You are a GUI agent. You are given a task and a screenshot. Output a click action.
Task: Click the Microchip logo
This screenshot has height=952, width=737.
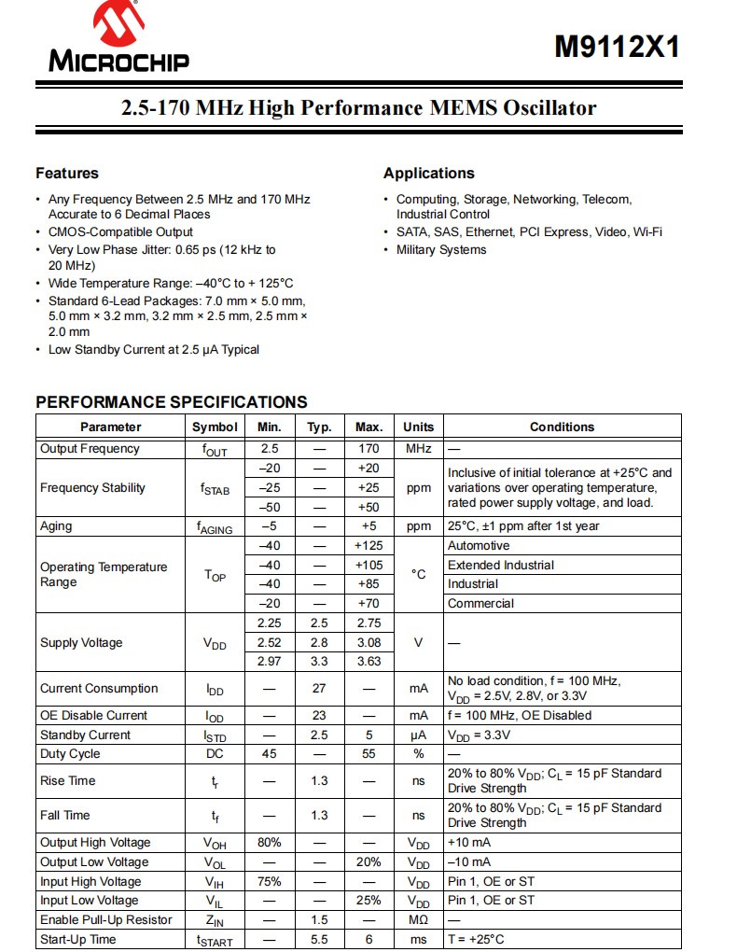[118, 39]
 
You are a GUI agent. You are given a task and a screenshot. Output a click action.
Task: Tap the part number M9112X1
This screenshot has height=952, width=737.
[617, 48]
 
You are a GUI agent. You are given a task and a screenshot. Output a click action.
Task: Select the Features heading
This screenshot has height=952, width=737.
[67, 174]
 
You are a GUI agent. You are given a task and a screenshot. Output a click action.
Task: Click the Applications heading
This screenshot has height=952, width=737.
[428, 174]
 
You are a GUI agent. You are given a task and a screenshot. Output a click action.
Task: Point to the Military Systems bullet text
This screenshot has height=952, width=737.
[441, 250]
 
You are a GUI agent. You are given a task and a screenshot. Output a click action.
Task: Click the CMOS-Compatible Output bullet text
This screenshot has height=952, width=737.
[121, 232]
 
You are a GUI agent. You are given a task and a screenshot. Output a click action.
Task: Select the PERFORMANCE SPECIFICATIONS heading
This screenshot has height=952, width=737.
[172, 402]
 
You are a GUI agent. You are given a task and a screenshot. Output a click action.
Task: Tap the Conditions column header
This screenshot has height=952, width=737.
[562, 427]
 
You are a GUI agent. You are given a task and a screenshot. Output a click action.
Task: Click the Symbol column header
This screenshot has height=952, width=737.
[215, 427]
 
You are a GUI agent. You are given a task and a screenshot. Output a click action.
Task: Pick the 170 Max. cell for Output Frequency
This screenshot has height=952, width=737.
[368, 449]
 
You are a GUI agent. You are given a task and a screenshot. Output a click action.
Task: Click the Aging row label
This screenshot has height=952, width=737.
[56, 526]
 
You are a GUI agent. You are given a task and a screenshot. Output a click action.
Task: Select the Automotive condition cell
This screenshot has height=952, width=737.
[479, 546]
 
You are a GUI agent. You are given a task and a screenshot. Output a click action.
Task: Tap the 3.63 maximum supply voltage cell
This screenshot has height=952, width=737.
[368, 662]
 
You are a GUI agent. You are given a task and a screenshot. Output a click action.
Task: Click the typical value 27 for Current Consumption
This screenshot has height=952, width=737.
[319, 689]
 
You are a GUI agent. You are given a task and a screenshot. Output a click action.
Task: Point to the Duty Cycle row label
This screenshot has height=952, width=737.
[70, 754]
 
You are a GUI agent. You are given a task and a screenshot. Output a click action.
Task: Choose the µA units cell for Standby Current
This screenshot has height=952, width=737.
[418, 735]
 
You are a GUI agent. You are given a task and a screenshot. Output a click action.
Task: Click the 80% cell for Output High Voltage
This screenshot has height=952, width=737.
[270, 843]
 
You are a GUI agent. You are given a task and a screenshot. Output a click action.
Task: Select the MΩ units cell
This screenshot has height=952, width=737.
[418, 920]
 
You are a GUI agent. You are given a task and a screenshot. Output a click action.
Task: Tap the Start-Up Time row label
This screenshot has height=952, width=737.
[78, 939]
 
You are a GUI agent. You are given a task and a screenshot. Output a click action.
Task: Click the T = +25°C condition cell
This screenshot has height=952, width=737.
[476, 939]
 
